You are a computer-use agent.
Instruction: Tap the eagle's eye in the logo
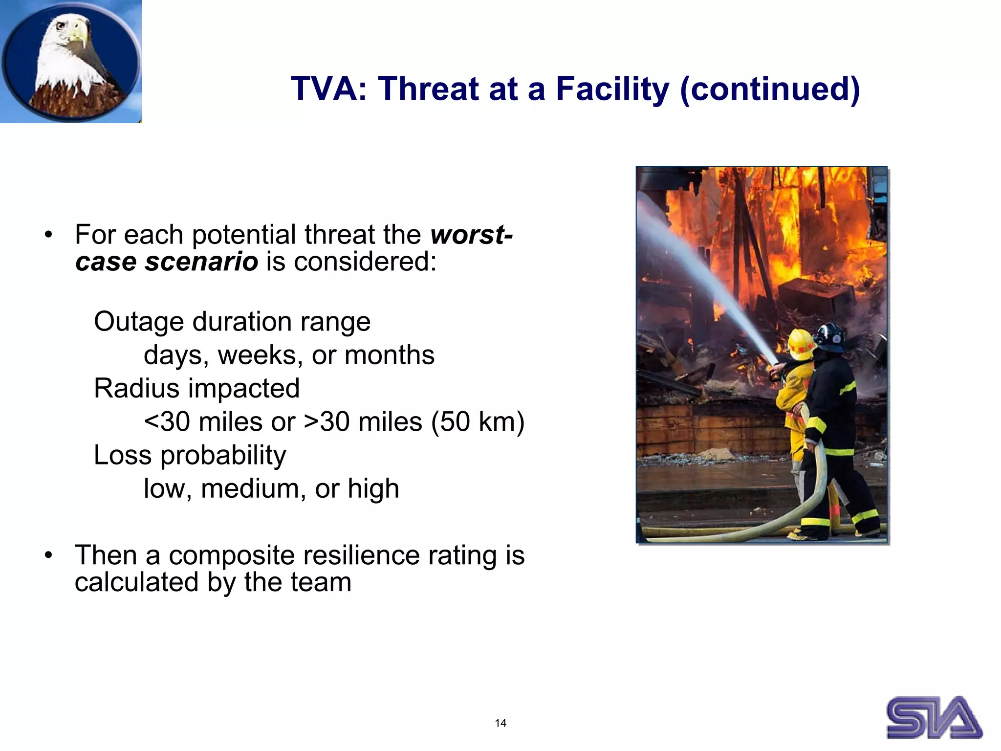pos(61,26)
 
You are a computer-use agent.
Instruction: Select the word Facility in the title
pos(612,89)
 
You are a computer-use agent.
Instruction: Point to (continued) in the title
pos(770,89)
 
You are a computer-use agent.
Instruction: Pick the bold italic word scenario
pos(201,262)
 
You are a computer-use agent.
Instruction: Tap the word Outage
pos(139,322)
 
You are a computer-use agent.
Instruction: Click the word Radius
pos(137,389)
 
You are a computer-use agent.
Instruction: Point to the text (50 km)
pos(478,422)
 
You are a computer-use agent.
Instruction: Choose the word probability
pos(223,456)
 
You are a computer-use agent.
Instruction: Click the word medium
pos(253,488)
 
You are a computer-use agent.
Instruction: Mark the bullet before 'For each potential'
pos(48,235)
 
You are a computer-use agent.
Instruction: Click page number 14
pos(500,723)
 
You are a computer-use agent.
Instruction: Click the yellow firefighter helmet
pos(801,343)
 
